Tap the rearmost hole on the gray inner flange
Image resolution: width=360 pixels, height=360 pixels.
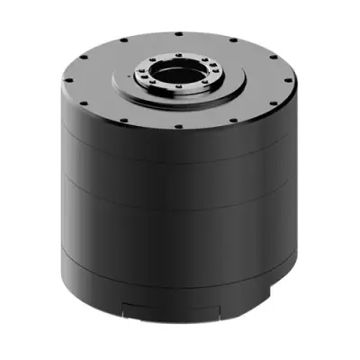click(177, 57)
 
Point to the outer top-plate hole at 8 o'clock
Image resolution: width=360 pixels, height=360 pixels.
click(82, 102)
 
